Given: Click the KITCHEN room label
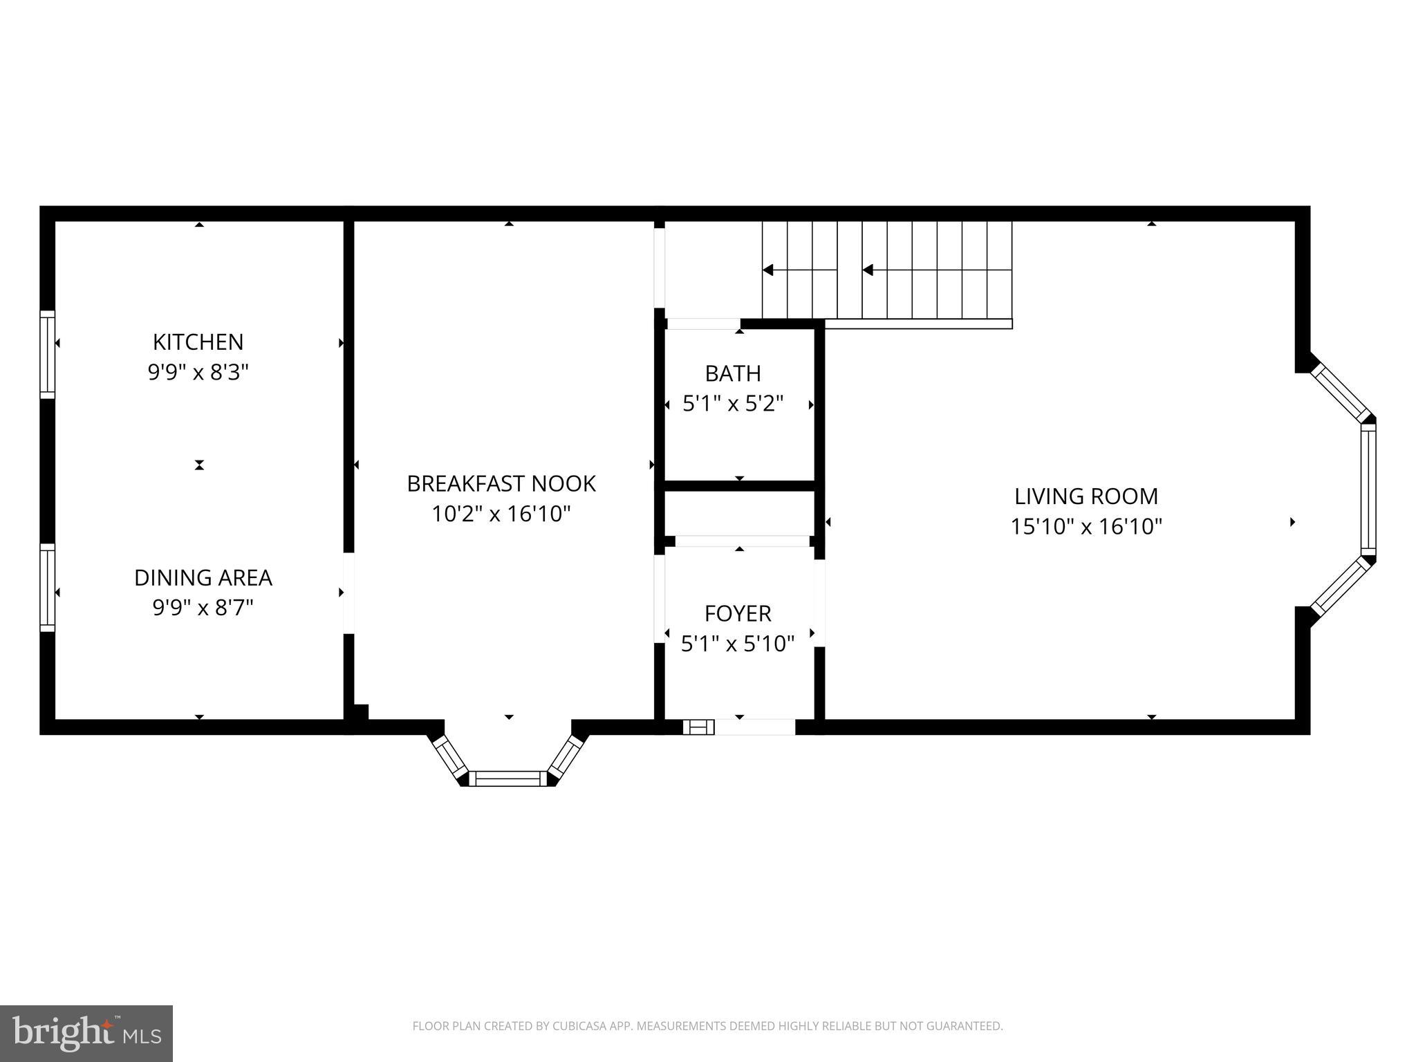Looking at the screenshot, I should (x=198, y=342).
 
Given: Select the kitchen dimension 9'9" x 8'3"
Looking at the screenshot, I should (x=198, y=373).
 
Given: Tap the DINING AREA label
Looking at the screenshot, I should (x=203, y=577).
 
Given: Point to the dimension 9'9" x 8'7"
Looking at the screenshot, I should (x=203, y=608).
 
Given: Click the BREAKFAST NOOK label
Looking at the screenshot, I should (x=501, y=483).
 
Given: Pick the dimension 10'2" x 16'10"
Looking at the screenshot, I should (x=501, y=514).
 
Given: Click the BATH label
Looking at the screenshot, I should (x=733, y=373).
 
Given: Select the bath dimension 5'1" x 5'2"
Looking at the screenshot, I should (x=733, y=404).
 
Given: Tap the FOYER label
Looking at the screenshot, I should (x=738, y=613).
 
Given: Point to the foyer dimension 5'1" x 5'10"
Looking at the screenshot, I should (x=738, y=644).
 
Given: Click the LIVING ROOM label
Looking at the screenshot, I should (x=1086, y=496).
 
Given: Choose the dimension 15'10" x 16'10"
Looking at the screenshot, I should (x=1086, y=527).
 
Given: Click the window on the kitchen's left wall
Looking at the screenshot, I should (x=47, y=354).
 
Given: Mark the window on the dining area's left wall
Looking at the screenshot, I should (x=47, y=587).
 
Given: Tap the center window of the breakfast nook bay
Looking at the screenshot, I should (x=508, y=779).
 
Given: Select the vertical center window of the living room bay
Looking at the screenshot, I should (x=1368, y=489).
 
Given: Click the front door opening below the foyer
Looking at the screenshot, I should (x=754, y=727).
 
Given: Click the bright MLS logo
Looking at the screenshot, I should (x=86, y=1033).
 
